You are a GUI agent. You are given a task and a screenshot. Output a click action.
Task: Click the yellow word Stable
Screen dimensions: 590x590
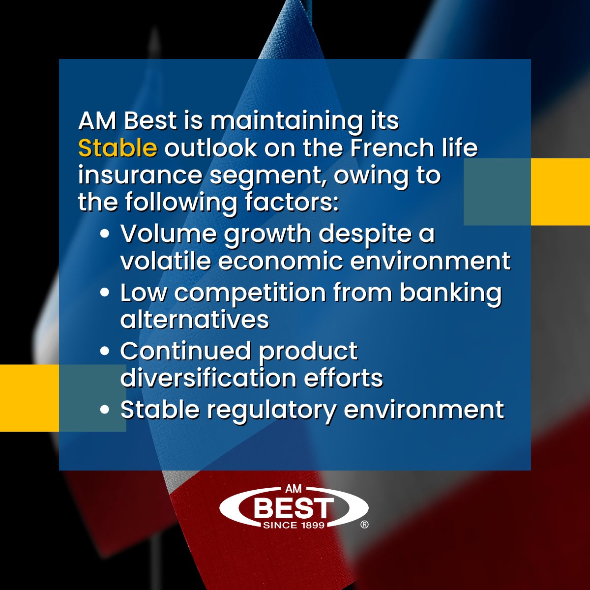click(x=118, y=148)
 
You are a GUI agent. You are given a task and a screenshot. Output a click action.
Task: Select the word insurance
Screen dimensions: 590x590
click(x=140, y=176)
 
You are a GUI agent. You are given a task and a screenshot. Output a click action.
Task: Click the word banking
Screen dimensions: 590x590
click(x=450, y=293)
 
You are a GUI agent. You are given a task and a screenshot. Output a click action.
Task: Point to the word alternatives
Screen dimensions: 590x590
click(x=195, y=320)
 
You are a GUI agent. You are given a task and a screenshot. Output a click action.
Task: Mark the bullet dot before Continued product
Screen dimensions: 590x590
click(x=104, y=352)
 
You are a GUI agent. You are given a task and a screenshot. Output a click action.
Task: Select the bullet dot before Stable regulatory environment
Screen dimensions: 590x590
click(x=104, y=410)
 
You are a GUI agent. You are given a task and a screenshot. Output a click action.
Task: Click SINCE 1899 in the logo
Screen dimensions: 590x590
click(x=294, y=525)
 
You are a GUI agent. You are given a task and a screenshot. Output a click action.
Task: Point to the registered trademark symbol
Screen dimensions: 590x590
click(x=364, y=525)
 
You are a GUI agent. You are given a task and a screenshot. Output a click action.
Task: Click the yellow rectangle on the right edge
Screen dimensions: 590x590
click(x=560, y=192)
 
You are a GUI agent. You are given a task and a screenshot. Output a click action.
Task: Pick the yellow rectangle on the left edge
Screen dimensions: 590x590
click(x=29, y=398)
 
